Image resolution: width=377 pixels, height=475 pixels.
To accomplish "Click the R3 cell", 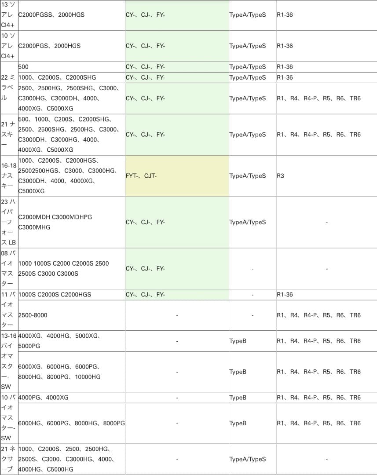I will (x=281, y=176).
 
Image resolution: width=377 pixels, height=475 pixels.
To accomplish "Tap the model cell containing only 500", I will (x=24, y=67).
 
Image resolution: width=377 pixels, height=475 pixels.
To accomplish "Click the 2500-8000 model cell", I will (x=33, y=315).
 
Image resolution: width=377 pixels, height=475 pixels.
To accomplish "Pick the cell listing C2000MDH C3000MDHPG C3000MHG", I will (x=55, y=222).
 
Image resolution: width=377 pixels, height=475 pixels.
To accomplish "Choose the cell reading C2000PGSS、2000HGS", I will (x=51, y=15).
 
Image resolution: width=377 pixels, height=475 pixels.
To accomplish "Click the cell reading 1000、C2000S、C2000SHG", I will (x=57, y=77).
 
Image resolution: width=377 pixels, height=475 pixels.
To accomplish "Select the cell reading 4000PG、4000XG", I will (x=44, y=398).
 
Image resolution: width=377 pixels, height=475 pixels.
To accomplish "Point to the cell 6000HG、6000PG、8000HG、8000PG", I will (x=71, y=423).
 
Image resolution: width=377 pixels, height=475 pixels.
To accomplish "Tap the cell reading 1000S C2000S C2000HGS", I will (x=55, y=294).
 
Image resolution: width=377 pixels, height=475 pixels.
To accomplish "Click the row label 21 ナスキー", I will (x=9, y=135).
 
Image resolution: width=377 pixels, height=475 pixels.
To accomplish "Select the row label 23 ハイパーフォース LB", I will (x=9, y=222).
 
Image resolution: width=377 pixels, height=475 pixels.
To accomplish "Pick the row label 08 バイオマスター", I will (x=9, y=268).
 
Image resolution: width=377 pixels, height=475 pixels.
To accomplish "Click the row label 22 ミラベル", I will (x=9, y=88).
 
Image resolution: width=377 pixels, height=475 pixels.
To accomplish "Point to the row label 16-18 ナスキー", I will (x=9, y=176).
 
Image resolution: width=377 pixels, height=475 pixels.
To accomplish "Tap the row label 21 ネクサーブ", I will (x=9, y=459).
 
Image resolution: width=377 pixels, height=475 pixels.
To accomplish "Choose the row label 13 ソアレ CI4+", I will (x=9, y=15).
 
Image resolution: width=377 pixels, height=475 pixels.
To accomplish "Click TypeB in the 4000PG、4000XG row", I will (x=238, y=398).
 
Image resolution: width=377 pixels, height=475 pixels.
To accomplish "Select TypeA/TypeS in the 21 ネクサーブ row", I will (x=248, y=459).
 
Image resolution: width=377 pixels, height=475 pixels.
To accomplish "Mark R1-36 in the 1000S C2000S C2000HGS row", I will (x=285, y=294).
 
